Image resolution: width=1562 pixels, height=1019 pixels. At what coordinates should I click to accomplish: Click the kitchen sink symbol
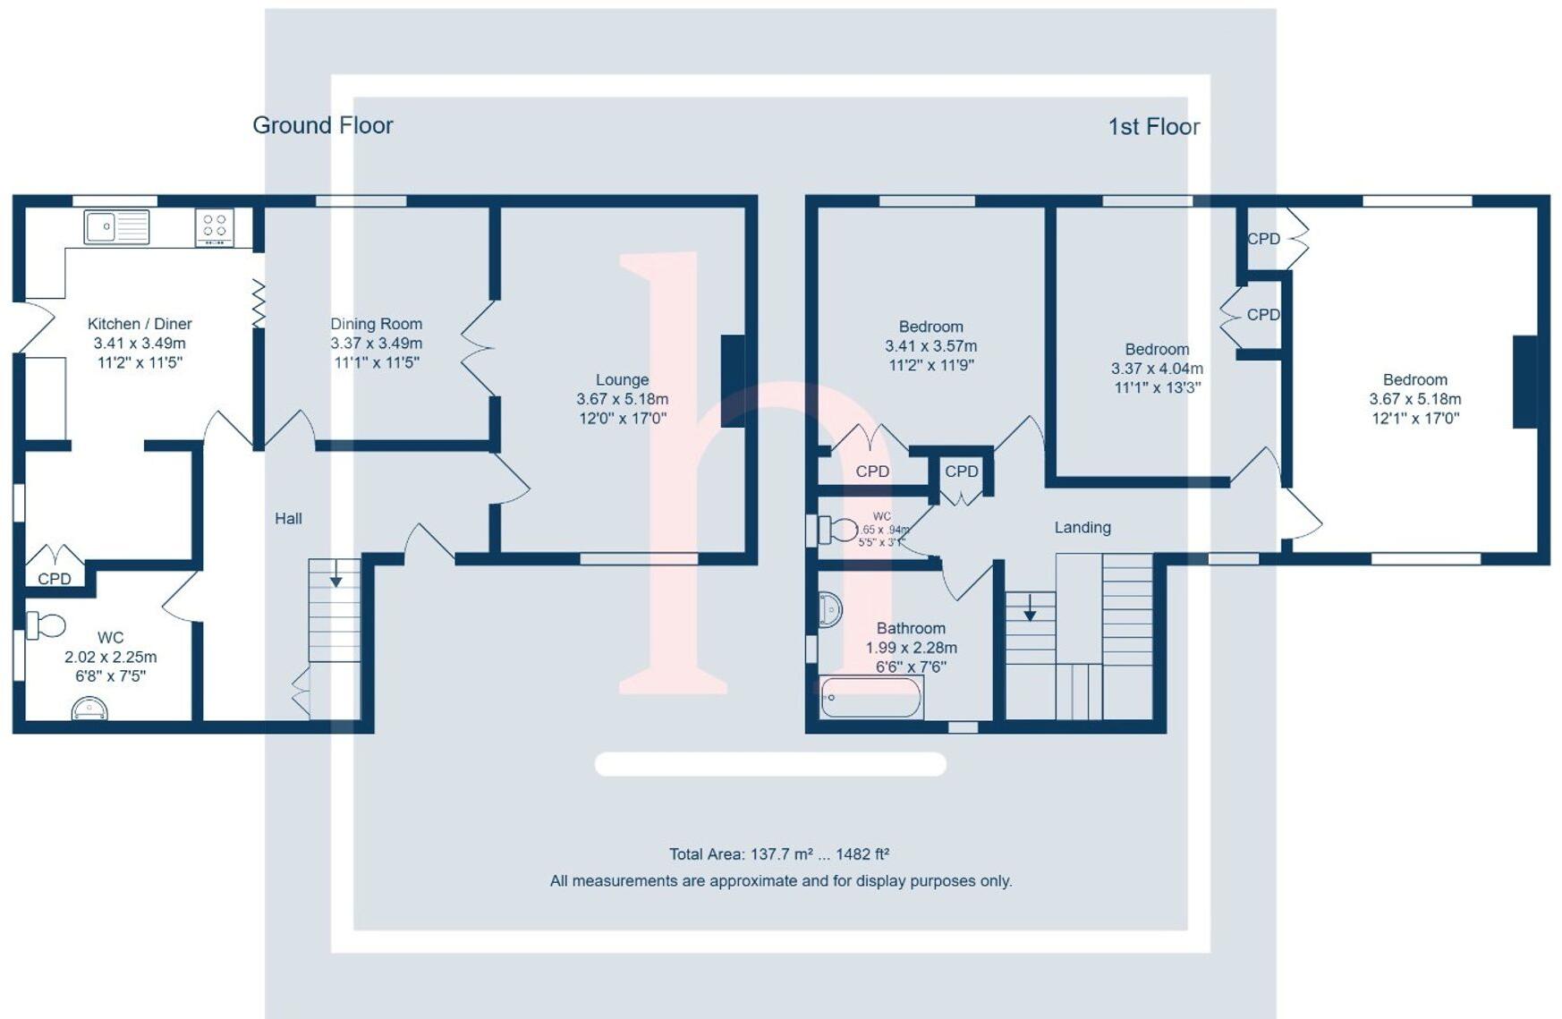click(116, 226)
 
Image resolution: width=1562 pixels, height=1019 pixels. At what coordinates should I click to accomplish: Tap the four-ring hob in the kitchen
click(215, 227)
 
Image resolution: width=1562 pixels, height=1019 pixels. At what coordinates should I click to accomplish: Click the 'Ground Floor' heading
click(322, 125)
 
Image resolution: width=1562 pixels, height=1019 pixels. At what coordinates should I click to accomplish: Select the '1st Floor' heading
click(1153, 127)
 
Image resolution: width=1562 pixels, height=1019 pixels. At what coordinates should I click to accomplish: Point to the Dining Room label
click(376, 324)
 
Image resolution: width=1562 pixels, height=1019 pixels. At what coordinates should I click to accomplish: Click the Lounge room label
click(622, 380)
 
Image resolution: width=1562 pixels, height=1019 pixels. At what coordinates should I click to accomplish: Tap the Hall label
click(288, 518)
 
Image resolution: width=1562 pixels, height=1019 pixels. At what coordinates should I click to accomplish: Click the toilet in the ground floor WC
click(46, 624)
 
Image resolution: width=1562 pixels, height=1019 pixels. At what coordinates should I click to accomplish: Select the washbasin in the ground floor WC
click(89, 709)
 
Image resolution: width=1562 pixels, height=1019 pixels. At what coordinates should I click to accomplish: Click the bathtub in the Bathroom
click(871, 698)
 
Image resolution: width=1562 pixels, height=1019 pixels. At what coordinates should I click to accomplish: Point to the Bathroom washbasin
click(830, 610)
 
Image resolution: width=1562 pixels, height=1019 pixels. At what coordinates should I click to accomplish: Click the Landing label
click(1082, 528)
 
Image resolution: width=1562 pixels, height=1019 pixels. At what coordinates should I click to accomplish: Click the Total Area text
click(778, 854)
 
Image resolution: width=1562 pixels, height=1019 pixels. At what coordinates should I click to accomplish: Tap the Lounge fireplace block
click(732, 380)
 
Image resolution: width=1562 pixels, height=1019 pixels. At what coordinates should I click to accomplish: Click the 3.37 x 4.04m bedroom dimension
click(1157, 369)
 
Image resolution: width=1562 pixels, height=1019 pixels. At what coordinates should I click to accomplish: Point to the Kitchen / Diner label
click(140, 324)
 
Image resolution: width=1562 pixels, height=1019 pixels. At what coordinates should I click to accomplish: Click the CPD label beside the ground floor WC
click(55, 579)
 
